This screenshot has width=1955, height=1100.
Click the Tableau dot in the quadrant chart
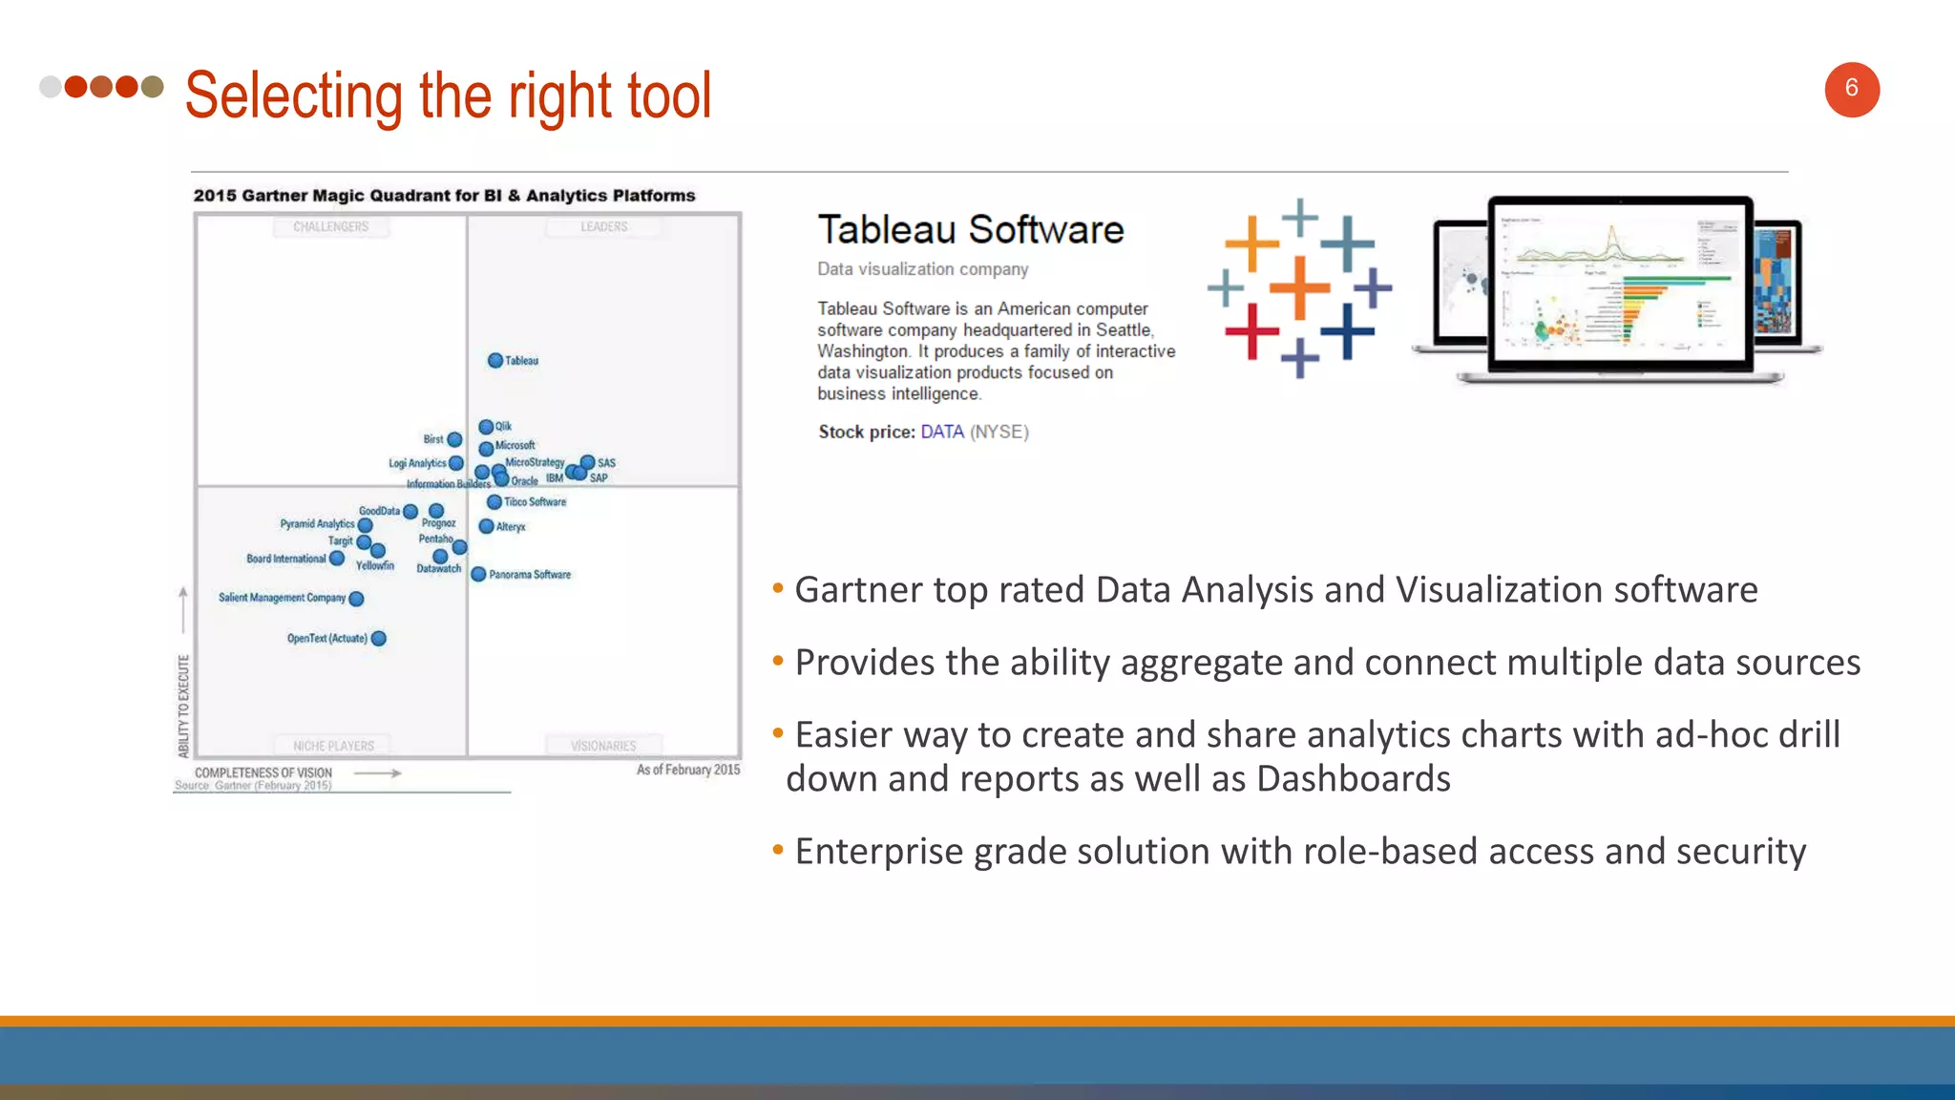tap(494, 361)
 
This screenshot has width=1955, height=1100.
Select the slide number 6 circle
tap(1851, 90)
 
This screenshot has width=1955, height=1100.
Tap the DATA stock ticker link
tap(941, 432)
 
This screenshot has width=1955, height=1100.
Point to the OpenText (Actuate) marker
tap(379, 639)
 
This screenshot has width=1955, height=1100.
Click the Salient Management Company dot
tap(356, 599)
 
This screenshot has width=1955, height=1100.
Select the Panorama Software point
tap(478, 575)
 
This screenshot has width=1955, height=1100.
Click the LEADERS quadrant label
tap(603, 227)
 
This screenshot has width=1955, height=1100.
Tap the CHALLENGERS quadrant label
tap(330, 227)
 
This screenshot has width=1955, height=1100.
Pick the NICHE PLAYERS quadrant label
tap(333, 746)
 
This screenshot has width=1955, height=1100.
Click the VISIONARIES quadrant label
tap(602, 746)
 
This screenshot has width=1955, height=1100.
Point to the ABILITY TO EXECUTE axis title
tap(183, 706)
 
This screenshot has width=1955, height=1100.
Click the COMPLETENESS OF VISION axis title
tap(263, 772)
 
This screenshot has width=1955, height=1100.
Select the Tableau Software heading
tap(970, 230)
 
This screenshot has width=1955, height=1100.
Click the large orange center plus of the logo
tap(1299, 287)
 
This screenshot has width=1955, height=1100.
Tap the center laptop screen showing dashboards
tap(1620, 284)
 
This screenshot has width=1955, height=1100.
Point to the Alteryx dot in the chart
tap(486, 526)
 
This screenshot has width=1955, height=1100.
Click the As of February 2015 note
tap(687, 770)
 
